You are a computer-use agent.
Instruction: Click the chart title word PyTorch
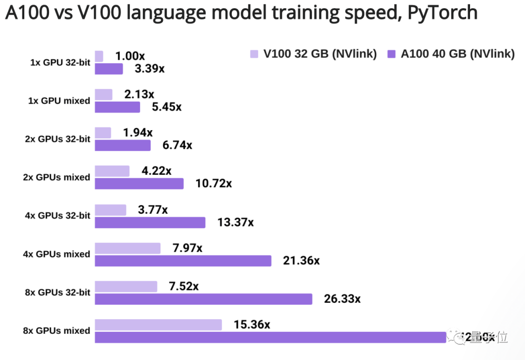442,13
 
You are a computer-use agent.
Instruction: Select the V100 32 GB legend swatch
254,54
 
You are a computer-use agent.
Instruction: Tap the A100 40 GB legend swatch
391,54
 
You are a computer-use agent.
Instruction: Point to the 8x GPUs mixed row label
56,331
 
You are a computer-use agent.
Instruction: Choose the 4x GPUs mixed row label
56,254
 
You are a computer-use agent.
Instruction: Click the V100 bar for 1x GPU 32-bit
99,56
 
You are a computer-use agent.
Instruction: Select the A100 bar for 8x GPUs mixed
270,337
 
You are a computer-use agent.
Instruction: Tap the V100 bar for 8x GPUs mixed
158,325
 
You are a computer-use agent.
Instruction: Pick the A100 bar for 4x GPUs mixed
183,261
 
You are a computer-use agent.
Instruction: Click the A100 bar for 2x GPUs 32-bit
122,145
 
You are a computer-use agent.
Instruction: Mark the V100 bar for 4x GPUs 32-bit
110,210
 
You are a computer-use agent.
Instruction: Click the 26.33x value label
342,299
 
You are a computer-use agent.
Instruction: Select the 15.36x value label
252,325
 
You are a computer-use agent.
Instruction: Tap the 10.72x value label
214,184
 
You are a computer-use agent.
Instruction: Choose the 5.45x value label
167,107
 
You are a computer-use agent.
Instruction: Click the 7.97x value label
187,248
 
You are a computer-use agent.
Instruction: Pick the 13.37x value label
235,223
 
